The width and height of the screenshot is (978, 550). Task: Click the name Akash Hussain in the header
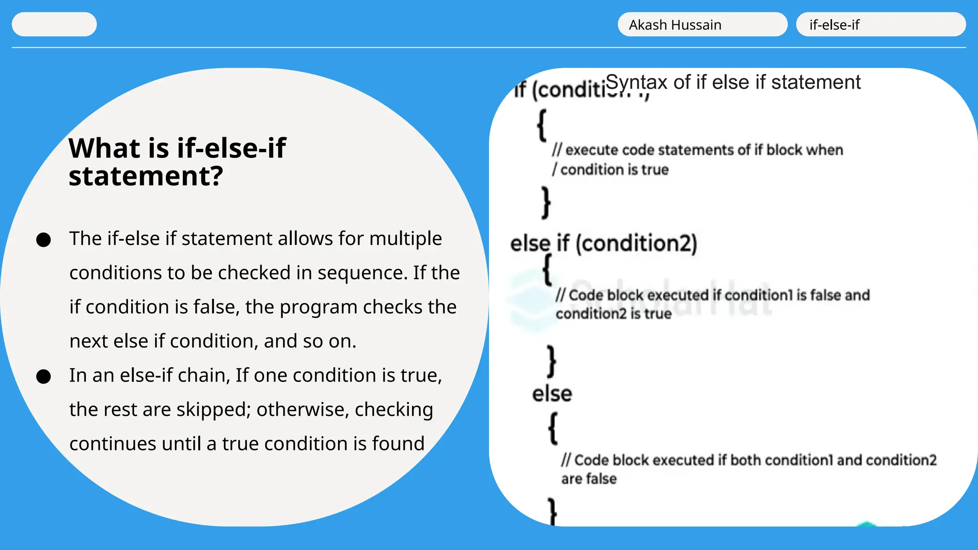click(675, 25)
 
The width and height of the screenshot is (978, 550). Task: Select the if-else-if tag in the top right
click(834, 25)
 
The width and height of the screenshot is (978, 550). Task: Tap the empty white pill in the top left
click(54, 24)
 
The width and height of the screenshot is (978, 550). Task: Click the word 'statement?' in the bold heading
click(146, 176)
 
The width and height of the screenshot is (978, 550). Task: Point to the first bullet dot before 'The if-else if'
click(43, 240)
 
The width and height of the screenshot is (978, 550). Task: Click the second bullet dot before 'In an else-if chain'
click(43, 377)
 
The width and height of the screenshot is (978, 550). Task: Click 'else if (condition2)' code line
click(604, 243)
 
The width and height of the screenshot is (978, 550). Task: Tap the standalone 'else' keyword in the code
click(552, 394)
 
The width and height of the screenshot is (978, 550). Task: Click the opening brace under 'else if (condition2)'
click(548, 270)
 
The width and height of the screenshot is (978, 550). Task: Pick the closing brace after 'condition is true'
click(546, 202)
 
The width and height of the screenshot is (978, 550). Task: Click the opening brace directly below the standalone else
click(553, 428)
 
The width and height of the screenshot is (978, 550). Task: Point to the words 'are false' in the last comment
click(589, 478)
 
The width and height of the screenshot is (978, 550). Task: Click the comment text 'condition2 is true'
click(613, 314)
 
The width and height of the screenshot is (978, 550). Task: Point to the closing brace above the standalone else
click(552, 361)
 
